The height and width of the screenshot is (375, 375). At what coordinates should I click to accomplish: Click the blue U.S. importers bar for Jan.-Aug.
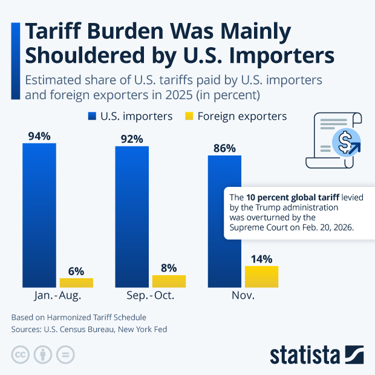point(39,215)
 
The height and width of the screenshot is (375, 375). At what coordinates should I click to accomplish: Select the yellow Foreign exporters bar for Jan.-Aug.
point(76,282)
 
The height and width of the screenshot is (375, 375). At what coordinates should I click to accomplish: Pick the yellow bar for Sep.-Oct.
point(169,281)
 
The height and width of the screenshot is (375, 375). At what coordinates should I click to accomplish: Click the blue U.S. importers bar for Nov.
point(224,221)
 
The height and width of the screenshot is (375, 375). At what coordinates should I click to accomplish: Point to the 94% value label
point(39,135)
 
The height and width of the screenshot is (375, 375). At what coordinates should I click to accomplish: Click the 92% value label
point(132,139)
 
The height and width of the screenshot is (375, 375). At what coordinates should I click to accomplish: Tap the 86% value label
point(224,148)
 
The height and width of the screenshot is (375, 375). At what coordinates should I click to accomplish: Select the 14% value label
point(261,258)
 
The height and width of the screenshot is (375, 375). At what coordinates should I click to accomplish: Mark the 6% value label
point(76,271)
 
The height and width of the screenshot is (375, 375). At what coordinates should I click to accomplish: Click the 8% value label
point(169,267)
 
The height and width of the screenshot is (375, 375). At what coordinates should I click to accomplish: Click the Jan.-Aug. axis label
point(58,296)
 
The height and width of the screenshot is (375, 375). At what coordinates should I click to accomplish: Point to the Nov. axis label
point(243,296)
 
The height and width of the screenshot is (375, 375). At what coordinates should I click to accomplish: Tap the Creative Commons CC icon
point(21,354)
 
